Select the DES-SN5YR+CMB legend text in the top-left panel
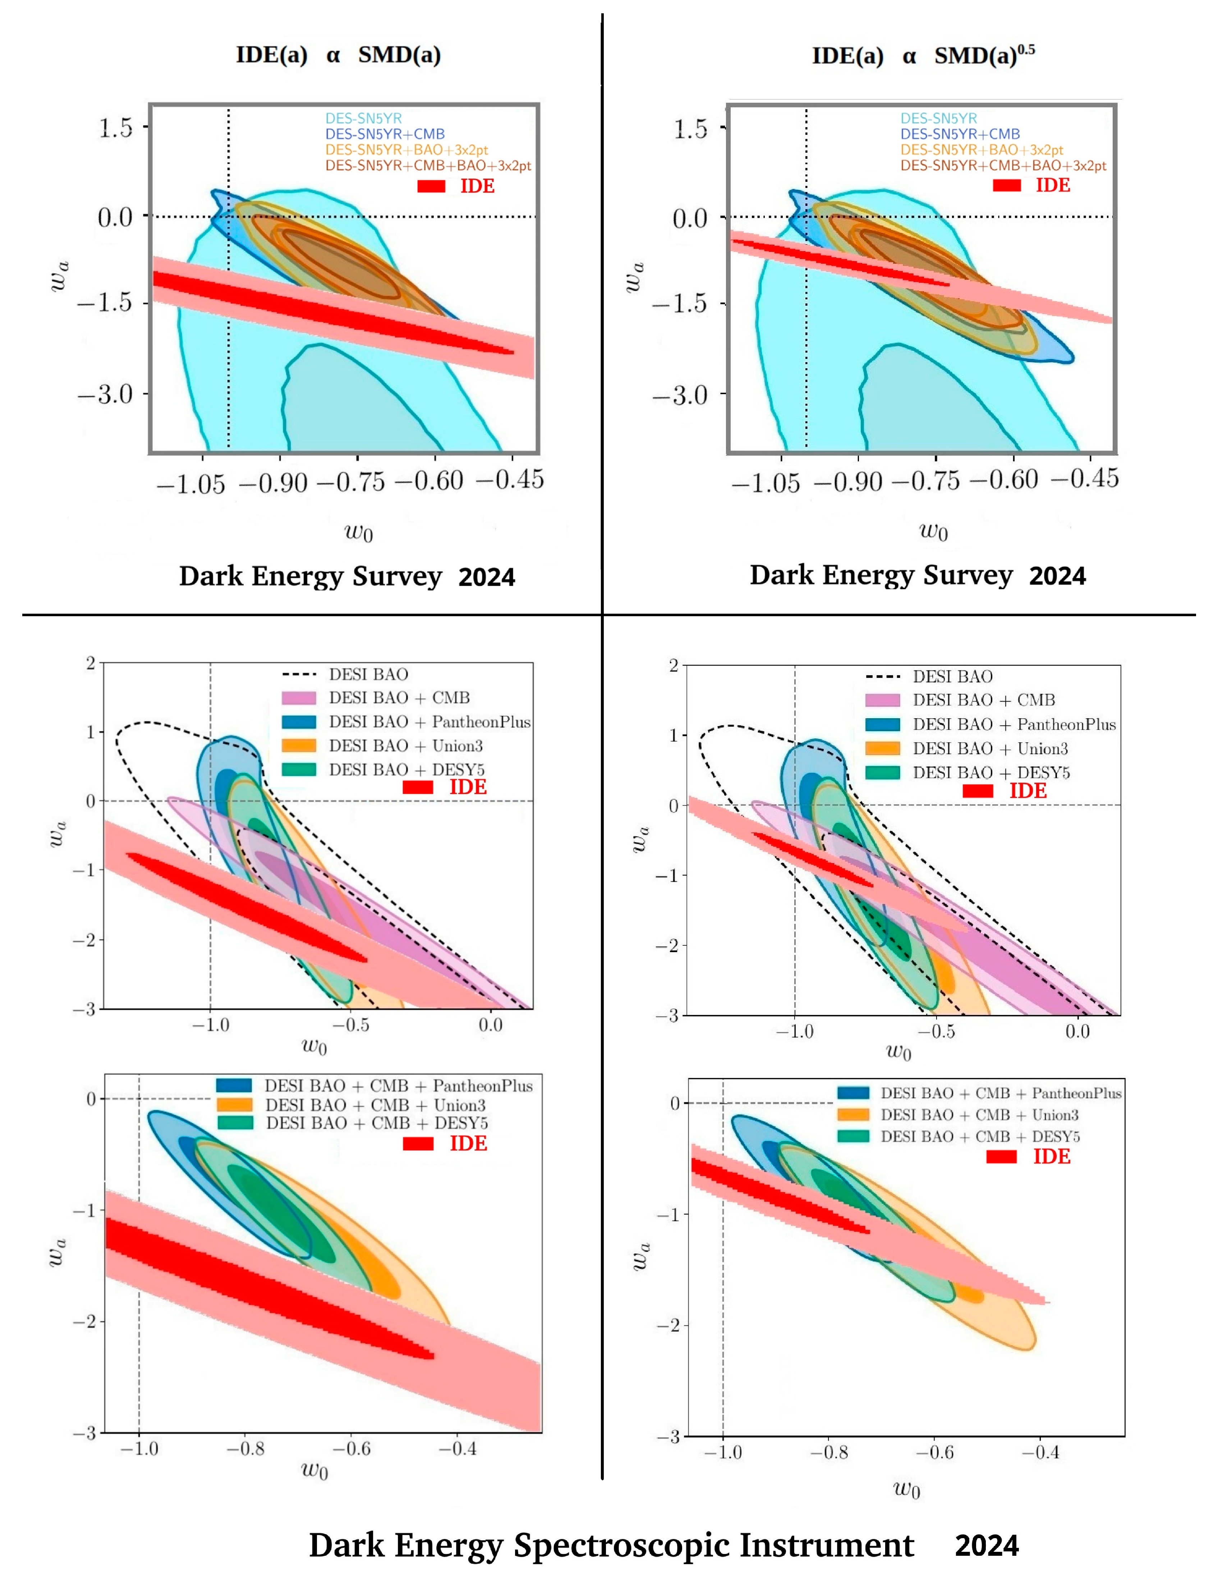click(384, 134)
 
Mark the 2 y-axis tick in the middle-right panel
click(674, 665)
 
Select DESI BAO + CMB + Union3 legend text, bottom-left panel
click(375, 1105)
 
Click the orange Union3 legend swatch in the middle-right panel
click(882, 748)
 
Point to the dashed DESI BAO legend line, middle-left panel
click(299, 674)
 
